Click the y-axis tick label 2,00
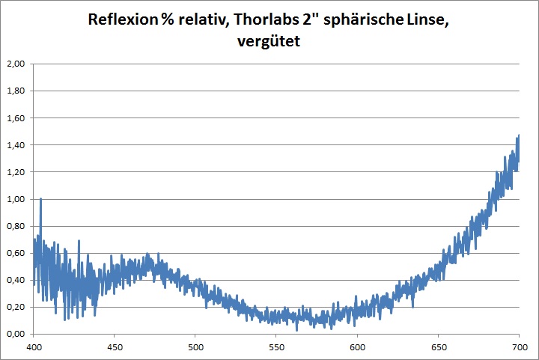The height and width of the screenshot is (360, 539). coord(16,64)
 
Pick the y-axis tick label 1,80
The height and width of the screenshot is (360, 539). coord(16,91)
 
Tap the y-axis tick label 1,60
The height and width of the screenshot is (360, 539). coord(16,118)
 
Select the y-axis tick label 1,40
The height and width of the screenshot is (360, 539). coord(16,145)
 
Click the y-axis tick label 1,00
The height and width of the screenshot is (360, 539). coord(16,199)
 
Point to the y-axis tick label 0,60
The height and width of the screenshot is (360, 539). coord(16,253)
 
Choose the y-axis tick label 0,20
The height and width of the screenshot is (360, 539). coord(16,307)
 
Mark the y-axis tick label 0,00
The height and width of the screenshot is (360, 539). coord(16,334)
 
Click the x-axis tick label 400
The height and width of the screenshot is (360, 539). coord(34,347)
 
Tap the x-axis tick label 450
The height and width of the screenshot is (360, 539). coord(115,347)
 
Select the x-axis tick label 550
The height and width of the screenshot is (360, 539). coord(276,347)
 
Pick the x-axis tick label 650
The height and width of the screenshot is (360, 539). coord(438,347)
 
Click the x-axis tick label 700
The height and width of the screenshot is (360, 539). coord(519,347)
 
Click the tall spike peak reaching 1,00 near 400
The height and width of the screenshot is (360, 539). coord(40,199)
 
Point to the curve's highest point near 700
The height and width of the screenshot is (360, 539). coord(519,135)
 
